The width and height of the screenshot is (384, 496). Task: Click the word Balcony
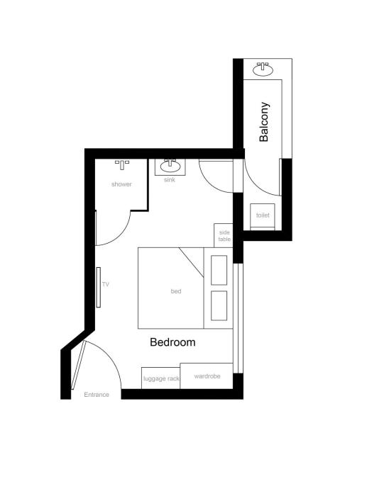coord(264,123)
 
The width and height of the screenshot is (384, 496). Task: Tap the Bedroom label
coord(172,342)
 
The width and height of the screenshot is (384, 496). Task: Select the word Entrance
coord(97,395)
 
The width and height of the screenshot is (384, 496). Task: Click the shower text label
coord(121,184)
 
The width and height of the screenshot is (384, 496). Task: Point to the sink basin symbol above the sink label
coord(170,167)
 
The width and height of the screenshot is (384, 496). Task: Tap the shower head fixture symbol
coord(122,164)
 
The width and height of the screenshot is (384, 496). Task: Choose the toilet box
coord(263,215)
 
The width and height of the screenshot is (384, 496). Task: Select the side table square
coord(224,235)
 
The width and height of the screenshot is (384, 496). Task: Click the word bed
coord(176,291)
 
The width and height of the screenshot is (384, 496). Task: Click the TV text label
coord(105,284)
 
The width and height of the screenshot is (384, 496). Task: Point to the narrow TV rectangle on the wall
coord(99,286)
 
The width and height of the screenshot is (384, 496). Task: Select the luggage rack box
coord(160,378)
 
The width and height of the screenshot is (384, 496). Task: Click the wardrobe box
coord(206,376)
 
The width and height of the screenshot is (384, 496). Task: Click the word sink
coord(170,180)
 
